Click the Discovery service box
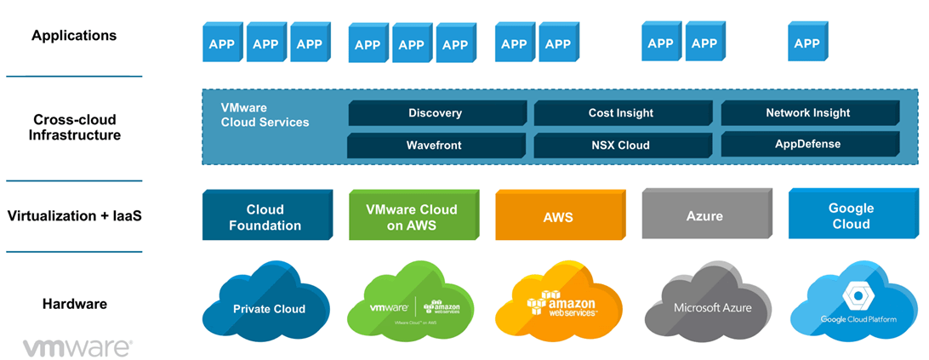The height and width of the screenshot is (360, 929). (435, 113)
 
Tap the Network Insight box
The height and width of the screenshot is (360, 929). (807, 113)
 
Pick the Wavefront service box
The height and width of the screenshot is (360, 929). (434, 145)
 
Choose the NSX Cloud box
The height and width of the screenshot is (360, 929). (620, 145)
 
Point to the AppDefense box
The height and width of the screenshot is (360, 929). (807, 144)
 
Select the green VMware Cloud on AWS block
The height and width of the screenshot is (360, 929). (411, 216)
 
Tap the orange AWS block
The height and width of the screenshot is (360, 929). (557, 216)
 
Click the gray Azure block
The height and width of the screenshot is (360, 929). (704, 216)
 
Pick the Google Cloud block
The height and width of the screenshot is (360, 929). (850, 215)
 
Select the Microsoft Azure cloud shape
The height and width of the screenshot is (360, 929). (708, 305)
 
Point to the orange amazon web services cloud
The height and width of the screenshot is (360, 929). (561, 305)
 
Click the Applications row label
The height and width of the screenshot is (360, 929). (74, 36)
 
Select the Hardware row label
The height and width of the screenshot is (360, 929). (74, 304)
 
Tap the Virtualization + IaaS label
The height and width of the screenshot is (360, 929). (74, 215)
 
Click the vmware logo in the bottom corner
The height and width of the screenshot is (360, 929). (77, 347)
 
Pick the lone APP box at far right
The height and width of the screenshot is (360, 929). (806, 43)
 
